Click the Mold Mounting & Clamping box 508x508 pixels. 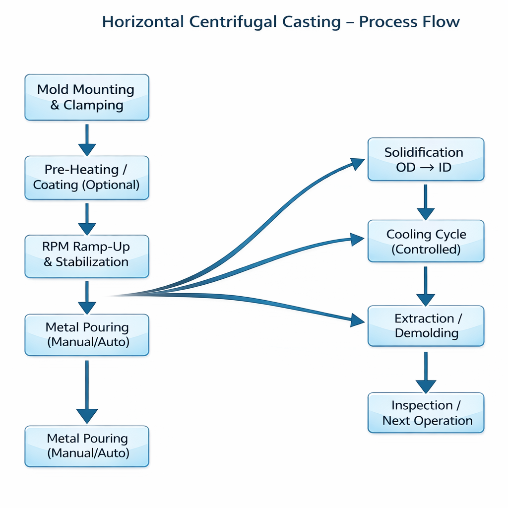(x=87, y=97)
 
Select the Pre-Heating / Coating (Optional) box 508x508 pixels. (x=87, y=177)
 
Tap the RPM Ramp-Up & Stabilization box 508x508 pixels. (x=87, y=256)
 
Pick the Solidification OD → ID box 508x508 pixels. (x=426, y=159)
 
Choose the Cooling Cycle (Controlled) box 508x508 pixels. (x=426, y=241)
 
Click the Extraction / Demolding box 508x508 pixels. (x=426, y=325)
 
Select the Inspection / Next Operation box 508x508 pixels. (x=426, y=413)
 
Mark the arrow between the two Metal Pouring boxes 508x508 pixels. (x=87, y=392)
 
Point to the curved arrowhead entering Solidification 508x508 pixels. (x=358, y=164)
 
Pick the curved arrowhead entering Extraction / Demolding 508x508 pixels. (x=358, y=320)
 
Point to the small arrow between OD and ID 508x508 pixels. (x=426, y=167)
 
